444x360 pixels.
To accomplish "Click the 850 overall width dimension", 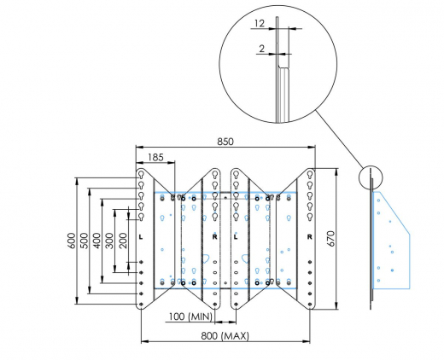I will pyautogui.click(x=226, y=140).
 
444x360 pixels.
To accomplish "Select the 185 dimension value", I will pyautogui.click(x=156, y=157).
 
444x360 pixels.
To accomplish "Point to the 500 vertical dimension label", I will pyautogui.click(x=84, y=241).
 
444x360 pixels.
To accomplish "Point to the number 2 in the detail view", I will pyautogui.click(x=261, y=49).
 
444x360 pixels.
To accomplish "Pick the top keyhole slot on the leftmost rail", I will pyautogui.click(x=140, y=175).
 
